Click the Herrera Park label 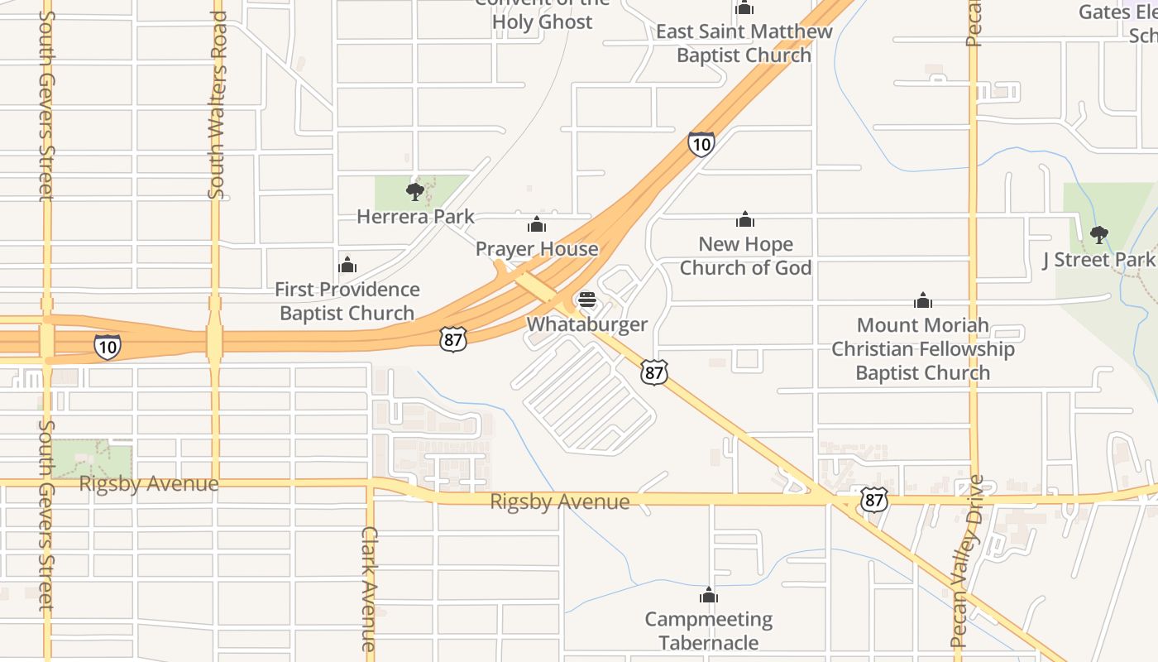click(x=415, y=217)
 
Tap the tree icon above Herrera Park click(x=415, y=192)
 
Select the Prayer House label click(x=537, y=248)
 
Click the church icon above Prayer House click(x=537, y=224)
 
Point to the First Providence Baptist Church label click(x=347, y=301)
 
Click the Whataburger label click(x=587, y=324)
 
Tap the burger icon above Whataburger click(x=587, y=300)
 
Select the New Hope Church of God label click(x=745, y=256)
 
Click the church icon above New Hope click(x=745, y=219)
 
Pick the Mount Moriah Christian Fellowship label click(x=923, y=348)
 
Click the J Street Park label click(x=1098, y=260)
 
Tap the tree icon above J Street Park click(x=1098, y=235)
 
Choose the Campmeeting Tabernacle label click(x=709, y=631)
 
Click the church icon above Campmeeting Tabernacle click(x=709, y=595)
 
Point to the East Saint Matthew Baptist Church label click(x=744, y=43)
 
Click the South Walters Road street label click(x=217, y=105)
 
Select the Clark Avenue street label click(x=369, y=588)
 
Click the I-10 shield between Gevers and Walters click(x=107, y=347)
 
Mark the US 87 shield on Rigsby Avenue click(x=873, y=499)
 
